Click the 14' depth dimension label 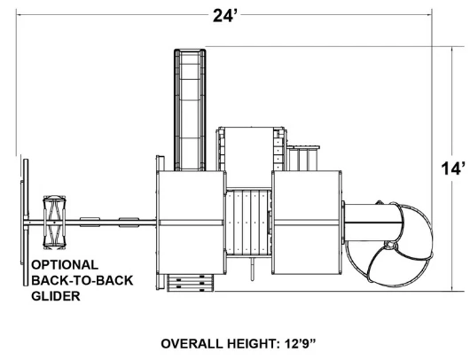click(453, 168)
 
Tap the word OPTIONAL click(65, 265)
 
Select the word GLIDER click(56, 296)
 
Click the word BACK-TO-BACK click(82, 280)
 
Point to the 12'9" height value click(301, 343)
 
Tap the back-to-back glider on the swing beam click(54, 222)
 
